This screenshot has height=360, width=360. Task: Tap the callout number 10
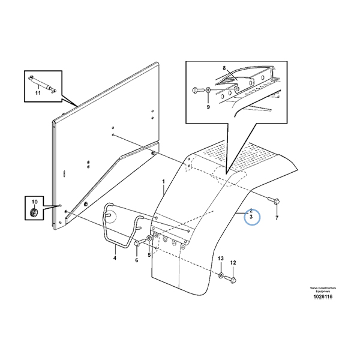click(34, 201)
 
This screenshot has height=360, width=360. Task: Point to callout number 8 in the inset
click(224, 69)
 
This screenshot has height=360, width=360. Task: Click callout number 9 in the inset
click(208, 107)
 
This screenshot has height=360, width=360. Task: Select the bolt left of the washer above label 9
click(197, 90)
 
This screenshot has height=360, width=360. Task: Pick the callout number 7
click(277, 218)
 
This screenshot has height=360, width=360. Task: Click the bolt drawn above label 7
click(274, 203)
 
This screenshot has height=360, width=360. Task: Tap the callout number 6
click(137, 260)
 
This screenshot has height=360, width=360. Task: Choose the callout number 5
click(149, 255)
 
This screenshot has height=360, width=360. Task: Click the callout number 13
click(220, 258)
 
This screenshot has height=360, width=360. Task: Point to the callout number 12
click(233, 262)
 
